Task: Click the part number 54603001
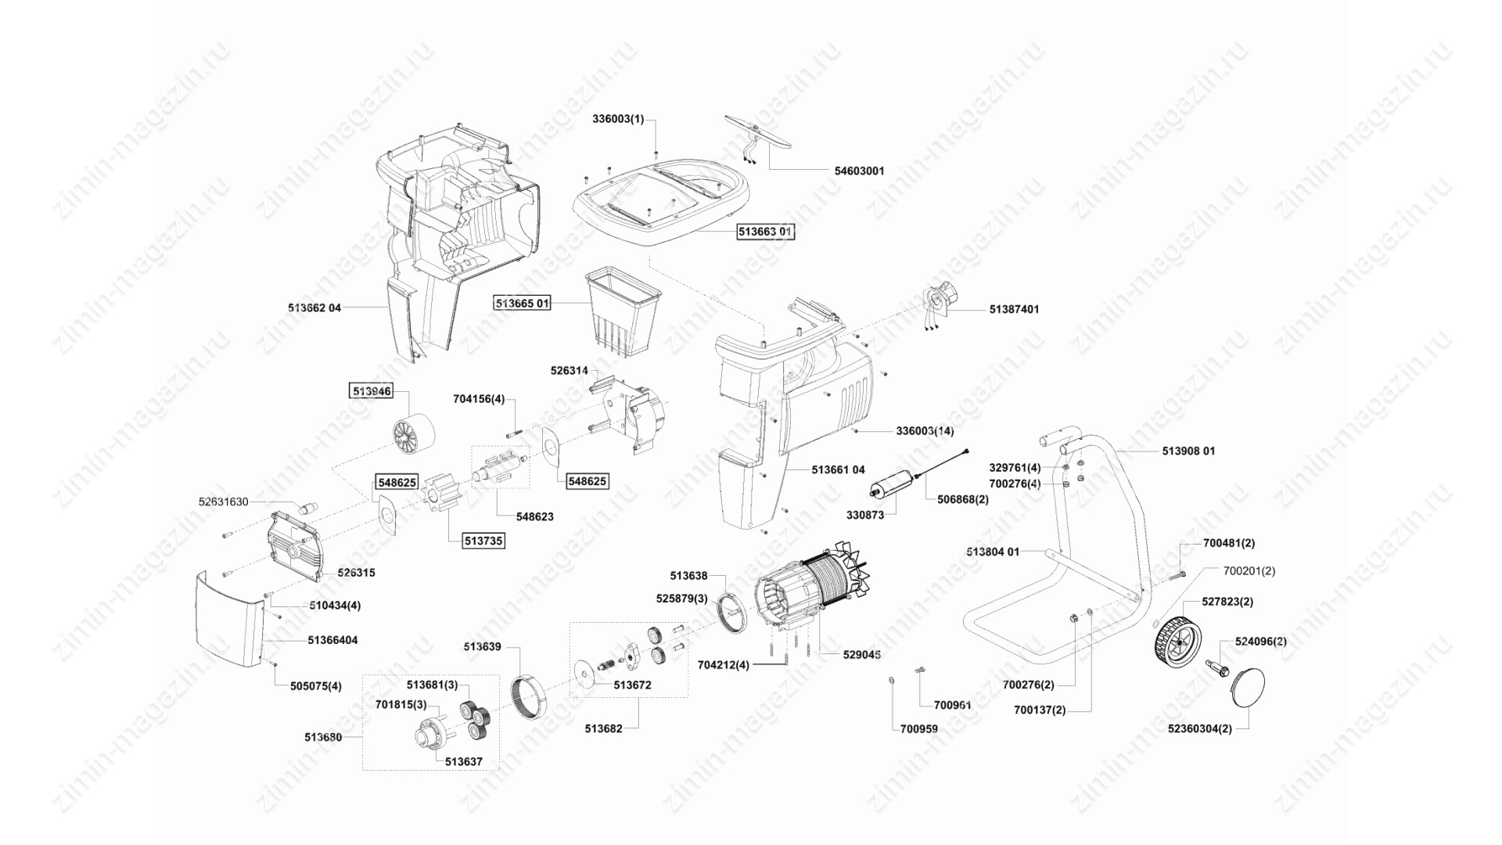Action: coord(859,171)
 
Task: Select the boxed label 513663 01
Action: coord(766,232)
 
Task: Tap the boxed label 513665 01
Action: coord(522,303)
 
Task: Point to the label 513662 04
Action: coord(314,308)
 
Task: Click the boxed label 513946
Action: coord(372,391)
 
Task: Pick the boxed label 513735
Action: coord(483,541)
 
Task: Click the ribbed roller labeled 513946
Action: coord(414,434)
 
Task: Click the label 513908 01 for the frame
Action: coord(1188,451)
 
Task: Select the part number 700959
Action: coord(918,728)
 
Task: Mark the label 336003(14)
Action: coord(925,431)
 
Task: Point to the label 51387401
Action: coord(1014,309)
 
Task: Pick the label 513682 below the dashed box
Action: coord(603,728)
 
